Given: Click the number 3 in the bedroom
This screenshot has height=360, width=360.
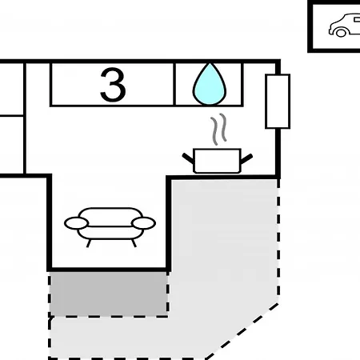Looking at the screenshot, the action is [113, 85].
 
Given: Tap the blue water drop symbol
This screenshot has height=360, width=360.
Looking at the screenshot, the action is [210, 84].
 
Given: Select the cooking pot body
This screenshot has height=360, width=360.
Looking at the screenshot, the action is [217, 161].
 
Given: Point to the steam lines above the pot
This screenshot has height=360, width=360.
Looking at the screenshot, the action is [218, 130].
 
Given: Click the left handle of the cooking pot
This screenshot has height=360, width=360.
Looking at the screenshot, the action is [188, 158].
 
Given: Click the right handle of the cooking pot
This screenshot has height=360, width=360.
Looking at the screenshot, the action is [246, 158].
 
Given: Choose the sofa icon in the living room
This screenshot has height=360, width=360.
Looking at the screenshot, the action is [110, 227].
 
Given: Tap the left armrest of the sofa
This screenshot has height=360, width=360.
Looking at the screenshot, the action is [76, 223].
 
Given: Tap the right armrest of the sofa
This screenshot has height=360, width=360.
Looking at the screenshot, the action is [143, 223].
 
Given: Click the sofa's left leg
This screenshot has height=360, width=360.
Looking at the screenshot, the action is [89, 243].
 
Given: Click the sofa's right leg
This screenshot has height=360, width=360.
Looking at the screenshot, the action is [134, 243].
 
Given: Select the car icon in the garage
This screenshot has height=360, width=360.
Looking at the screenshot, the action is [345, 25].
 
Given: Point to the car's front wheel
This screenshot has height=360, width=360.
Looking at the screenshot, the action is [341, 33].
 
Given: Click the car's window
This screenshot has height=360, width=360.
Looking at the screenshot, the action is [357, 19].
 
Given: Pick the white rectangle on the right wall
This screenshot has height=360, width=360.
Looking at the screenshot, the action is [278, 102].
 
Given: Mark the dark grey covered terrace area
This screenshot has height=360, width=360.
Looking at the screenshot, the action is [109, 294].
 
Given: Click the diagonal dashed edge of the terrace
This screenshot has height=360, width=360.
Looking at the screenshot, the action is [242, 330].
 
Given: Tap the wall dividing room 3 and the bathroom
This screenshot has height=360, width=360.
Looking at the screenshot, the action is [174, 84].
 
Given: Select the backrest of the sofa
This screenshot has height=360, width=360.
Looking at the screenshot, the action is [110, 217].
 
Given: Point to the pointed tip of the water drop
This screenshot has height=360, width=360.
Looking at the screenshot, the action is [210, 63].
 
